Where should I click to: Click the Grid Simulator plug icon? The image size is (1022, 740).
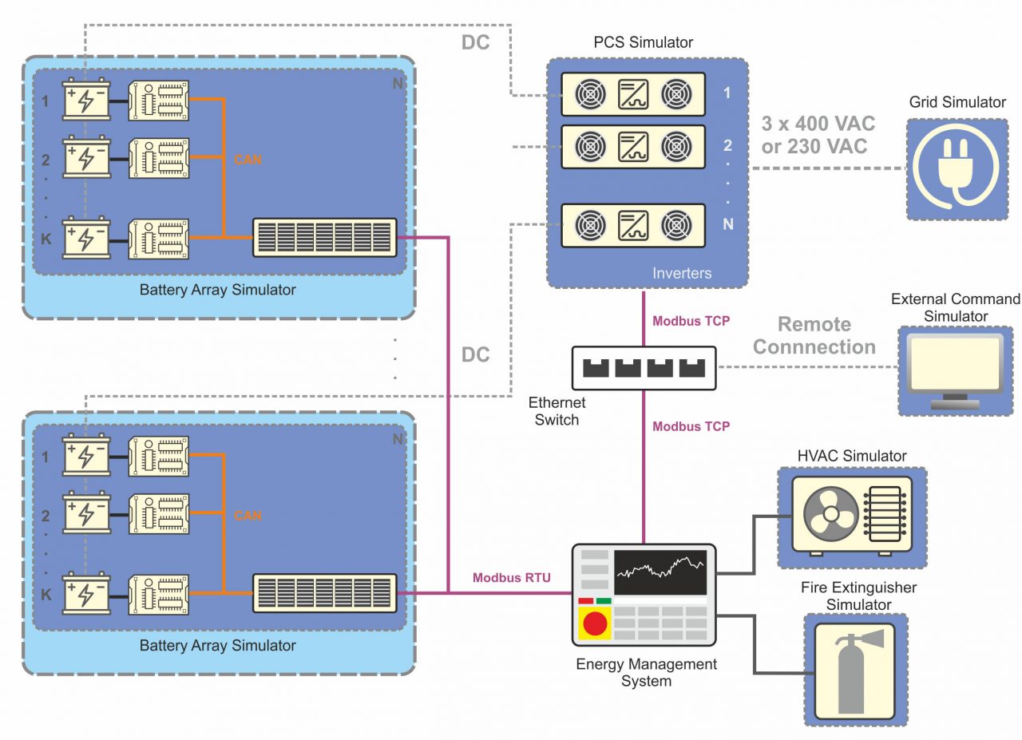click(x=957, y=169)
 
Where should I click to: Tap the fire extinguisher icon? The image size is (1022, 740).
click(x=854, y=669)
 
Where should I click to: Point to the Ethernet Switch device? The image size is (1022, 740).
click(x=644, y=366)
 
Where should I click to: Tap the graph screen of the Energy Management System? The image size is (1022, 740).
click(x=660, y=572)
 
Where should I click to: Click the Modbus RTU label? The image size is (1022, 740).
click(x=511, y=577)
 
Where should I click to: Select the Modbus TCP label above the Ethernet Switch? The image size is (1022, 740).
click(x=691, y=322)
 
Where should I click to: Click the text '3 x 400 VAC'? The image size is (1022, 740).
click(x=818, y=125)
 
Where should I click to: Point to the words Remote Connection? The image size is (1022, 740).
click(x=814, y=336)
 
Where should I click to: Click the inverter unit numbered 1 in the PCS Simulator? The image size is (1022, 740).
click(x=633, y=94)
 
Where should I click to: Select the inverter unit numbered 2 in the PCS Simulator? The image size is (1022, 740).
click(x=633, y=146)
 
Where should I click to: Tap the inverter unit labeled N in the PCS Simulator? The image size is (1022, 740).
click(x=633, y=226)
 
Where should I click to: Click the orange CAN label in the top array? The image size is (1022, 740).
click(x=248, y=160)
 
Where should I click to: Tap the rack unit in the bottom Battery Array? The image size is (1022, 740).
click(x=325, y=593)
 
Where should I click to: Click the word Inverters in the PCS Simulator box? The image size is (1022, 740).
click(x=681, y=273)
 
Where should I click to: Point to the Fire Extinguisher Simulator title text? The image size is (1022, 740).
click(x=858, y=596)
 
